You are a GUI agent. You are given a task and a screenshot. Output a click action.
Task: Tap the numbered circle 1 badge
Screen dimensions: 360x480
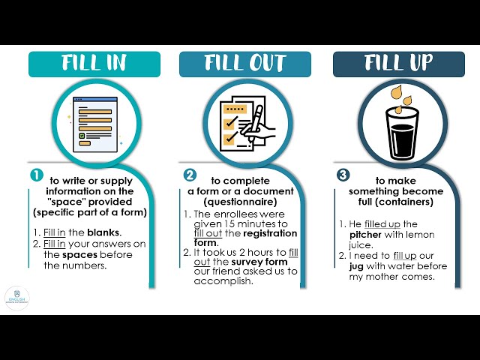(x=36, y=175)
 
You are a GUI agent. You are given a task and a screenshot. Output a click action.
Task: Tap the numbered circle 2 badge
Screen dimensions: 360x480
(x=190, y=175)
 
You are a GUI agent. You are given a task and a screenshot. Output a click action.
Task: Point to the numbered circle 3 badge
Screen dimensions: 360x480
(x=343, y=175)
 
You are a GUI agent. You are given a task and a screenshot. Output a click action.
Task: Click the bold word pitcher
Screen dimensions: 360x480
(x=365, y=235)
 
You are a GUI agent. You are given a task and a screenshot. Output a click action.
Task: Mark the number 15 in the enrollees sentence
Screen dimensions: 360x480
(x=228, y=224)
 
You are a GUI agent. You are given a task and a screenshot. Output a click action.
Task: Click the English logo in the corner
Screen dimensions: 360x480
(x=16, y=298)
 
